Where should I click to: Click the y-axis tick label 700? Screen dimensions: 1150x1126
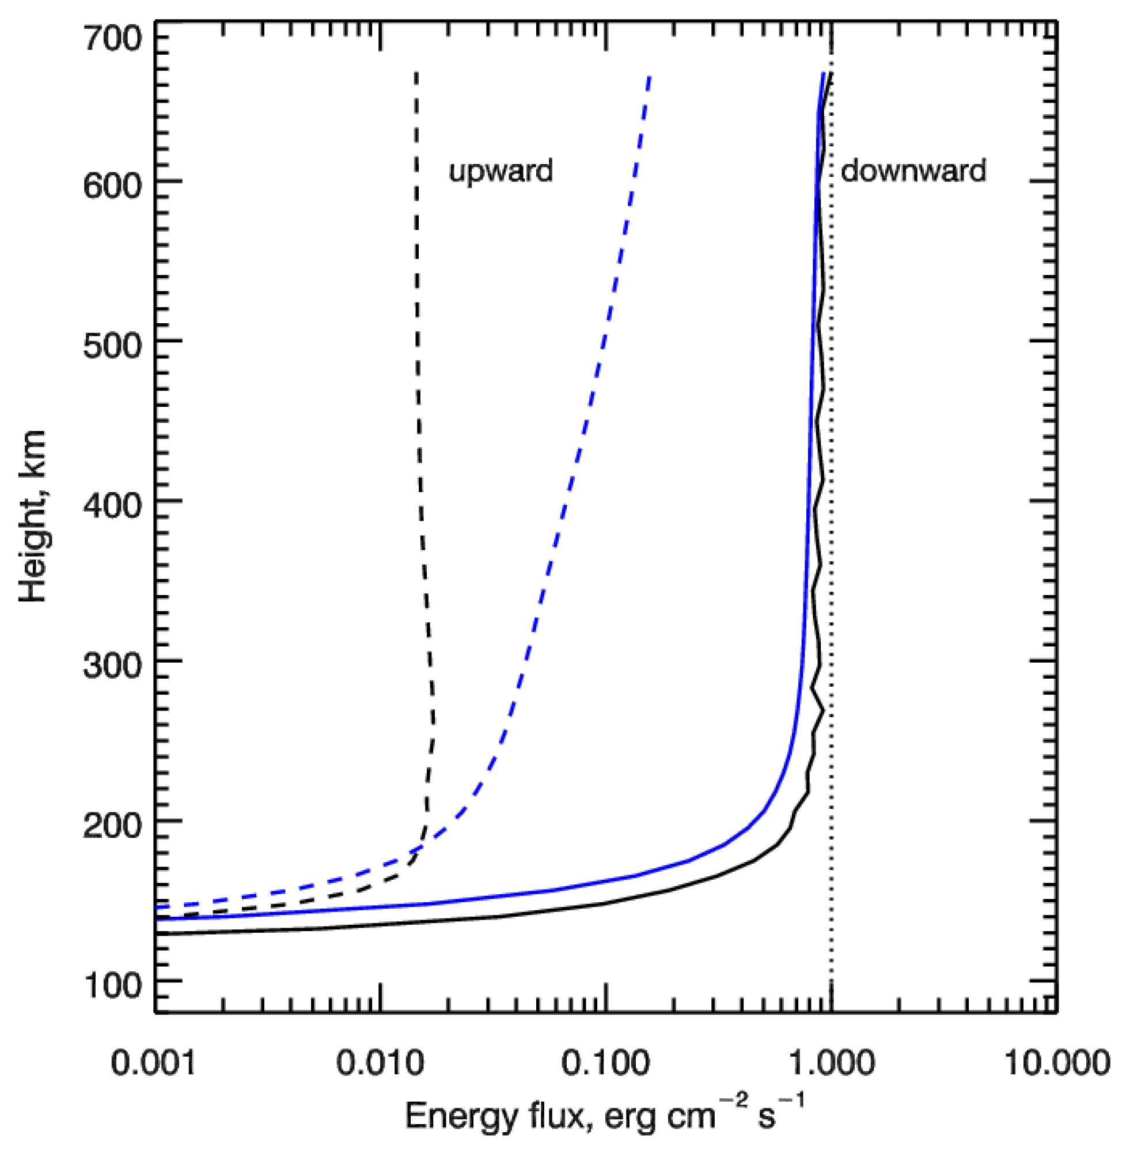coord(112,40)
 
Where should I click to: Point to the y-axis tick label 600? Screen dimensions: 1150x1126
coord(112,187)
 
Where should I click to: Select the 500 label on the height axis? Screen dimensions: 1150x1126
coord(112,347)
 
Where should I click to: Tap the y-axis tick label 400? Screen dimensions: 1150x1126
coord(112,506)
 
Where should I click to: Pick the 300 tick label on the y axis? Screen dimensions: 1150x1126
coord(112,666)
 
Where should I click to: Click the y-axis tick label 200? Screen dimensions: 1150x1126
coord(112,826)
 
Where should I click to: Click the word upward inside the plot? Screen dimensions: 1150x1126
coord(501,172)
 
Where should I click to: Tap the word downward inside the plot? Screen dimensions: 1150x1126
coord(913,172)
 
